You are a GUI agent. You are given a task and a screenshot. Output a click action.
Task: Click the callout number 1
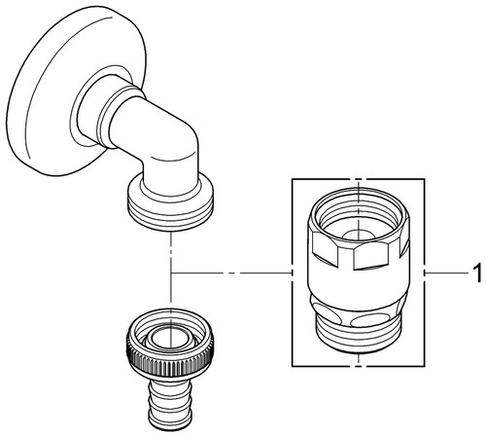(x=476, y=273)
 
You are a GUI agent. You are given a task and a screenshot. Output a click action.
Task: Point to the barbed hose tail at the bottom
(x=170, y=405)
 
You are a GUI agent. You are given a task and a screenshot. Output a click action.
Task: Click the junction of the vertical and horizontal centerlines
(x=171, y=273)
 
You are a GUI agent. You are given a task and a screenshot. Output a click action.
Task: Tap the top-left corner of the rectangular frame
(x=293, y=179)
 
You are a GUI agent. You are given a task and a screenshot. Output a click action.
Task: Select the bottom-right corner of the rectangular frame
(x=425, y=367)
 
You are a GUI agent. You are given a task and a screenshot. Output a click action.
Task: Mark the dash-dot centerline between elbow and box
(x=231, y=273)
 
